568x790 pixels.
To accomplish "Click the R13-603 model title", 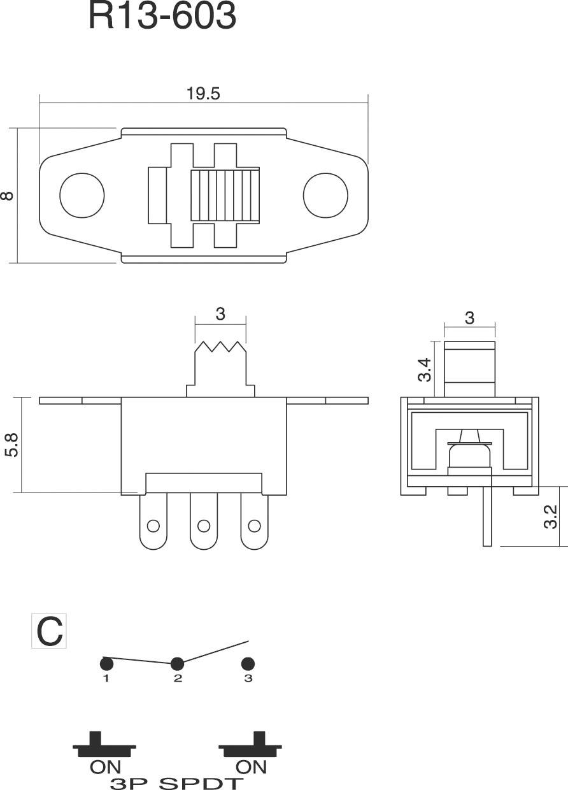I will [x=162, y=17].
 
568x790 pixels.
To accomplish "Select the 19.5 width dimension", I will [x=203, y=94].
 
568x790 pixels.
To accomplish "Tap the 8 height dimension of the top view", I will [x=7, y=195].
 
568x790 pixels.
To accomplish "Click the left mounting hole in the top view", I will [x=82, y=195].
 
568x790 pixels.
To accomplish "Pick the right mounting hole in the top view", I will [x=325, y=195].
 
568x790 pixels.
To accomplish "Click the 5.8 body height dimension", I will [x=11, y=444].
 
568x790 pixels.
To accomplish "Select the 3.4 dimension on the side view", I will [x=425, y=370].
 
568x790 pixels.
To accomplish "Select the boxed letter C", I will [x=49, y=631].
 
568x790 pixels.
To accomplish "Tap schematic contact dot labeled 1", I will [x=106, y=663].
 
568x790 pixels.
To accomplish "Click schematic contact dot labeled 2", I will [x=178, y=663].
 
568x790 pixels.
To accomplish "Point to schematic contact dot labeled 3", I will [x=248, y=663].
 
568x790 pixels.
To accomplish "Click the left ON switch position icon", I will [x=104, y=747].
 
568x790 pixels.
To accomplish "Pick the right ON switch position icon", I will [x=250, y=747].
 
